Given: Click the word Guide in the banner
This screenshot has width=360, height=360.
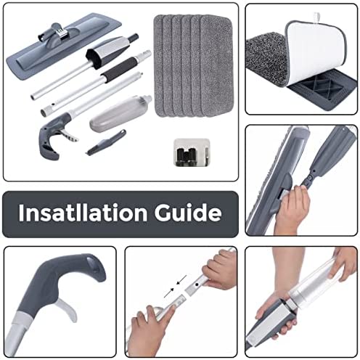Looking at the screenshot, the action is [188, 213].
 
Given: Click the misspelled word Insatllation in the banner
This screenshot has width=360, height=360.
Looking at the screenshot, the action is [83, 213].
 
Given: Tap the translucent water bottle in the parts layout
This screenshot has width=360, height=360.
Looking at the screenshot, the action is [120, 113].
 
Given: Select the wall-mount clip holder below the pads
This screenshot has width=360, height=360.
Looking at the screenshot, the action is [192, 152].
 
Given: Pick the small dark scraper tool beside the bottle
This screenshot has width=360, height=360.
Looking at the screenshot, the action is [106, 143].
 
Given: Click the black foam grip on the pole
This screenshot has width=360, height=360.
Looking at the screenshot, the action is [120, 69].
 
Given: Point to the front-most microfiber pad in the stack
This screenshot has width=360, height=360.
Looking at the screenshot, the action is [216, 65].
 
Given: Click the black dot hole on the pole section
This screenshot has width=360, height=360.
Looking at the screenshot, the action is [197, 285].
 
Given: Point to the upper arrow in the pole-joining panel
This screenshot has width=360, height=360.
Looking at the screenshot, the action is [181, 279].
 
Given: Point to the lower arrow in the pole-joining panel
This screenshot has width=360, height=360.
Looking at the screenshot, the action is [169, 292].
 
